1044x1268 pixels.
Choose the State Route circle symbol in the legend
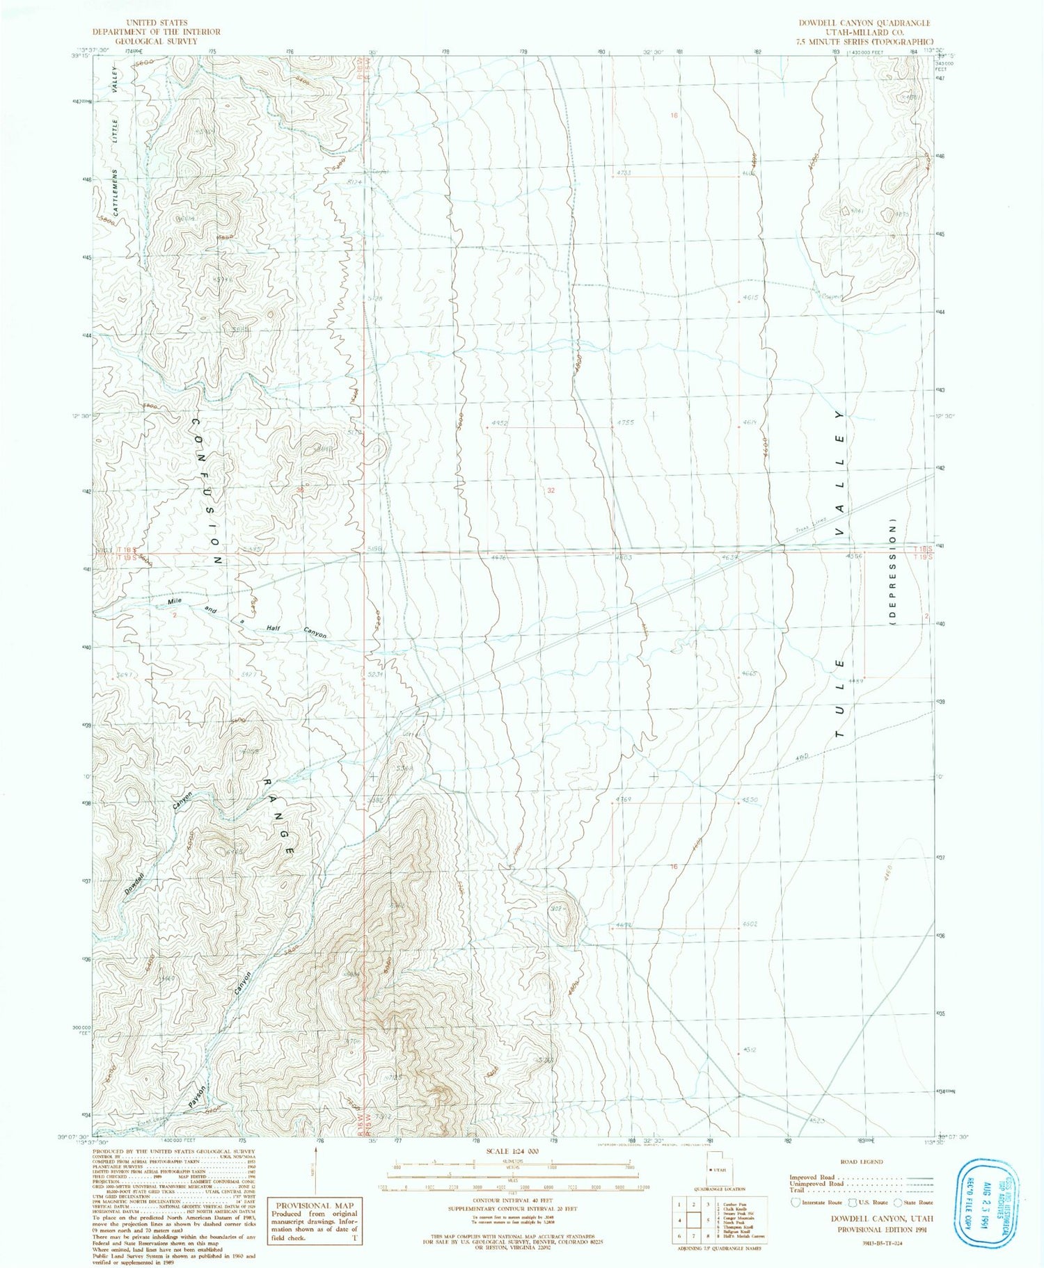pyautogui.click(x=898, y=1202)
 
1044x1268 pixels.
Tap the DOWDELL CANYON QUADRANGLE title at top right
pyautogui.click(x=864, y=23)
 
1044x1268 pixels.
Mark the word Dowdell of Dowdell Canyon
pyautogui.click(x=134, y=882)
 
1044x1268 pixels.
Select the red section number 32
pyautogui.click(x=551, y=490)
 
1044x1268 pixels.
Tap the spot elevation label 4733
pyautogui.click(x=623, y=172)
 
